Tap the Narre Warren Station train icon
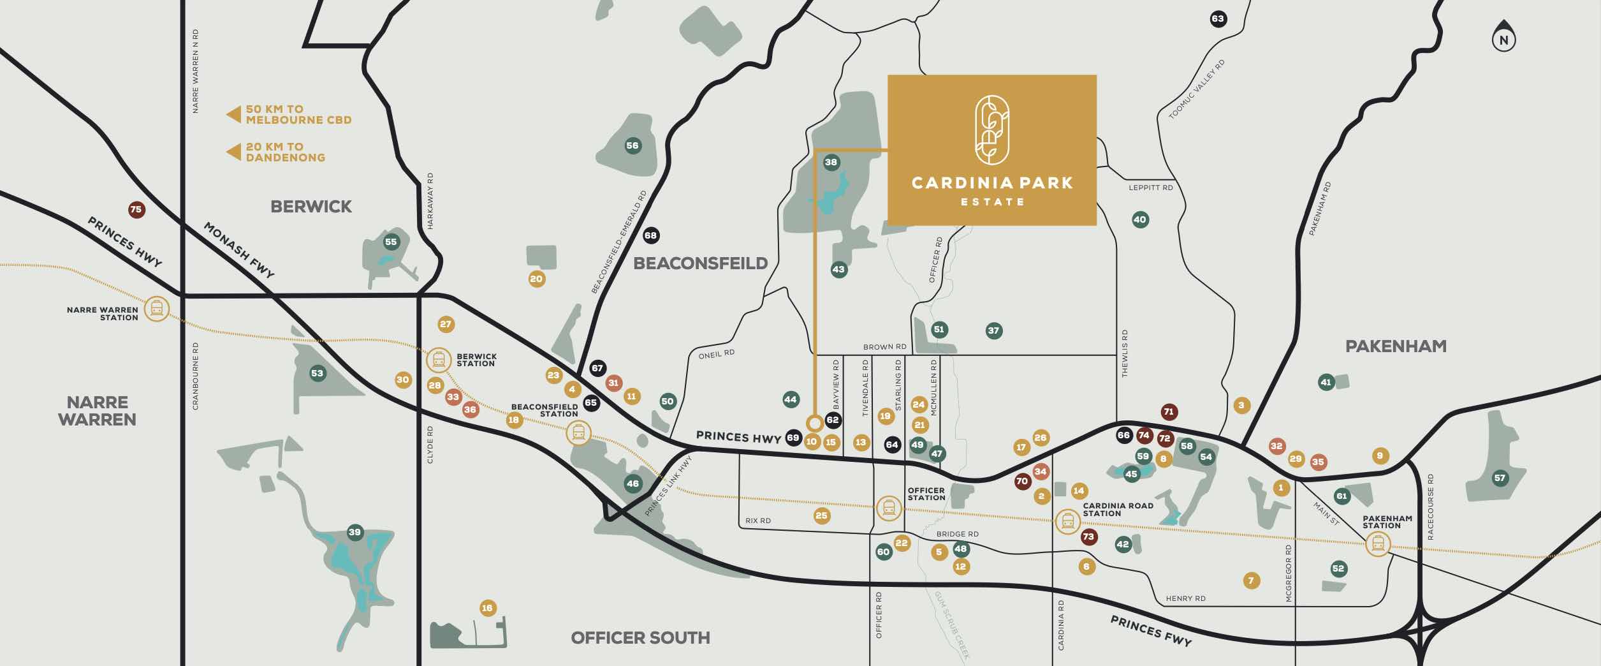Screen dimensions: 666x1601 click(x=157, y=309)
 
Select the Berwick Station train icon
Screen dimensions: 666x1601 click(x=439, y=360)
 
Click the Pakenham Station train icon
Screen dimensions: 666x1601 click(x=1377, y=544)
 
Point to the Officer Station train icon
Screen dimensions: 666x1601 click(x=889, y=508)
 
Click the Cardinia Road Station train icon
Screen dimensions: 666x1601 click(x=1068, y=522)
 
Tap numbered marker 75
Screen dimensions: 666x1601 click(x=136, y=209)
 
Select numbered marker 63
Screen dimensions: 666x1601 click(x=1218, y=18)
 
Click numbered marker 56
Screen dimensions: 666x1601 click(x=632, y=145)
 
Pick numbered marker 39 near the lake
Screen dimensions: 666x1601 click(x=355, y=532)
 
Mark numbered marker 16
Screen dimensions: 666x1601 click(x=487, y=608)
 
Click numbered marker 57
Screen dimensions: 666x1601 click(x=1500, y=478)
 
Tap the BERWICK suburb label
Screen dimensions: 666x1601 click(x=311, y=207)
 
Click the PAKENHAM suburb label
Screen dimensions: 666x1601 click(x=1396, y=346)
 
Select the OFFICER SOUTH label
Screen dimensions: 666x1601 click(x=640, y=637)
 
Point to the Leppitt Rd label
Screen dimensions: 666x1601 click(x=1150, y=188)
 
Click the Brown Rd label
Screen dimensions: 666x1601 click(x=884, y=347)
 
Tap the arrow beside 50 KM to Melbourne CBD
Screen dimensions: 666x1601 click(x=233, y=115)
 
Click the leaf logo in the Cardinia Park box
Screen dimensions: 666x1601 click(x=991, y=130)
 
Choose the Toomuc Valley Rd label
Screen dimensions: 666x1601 click(x=1196, y=90)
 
